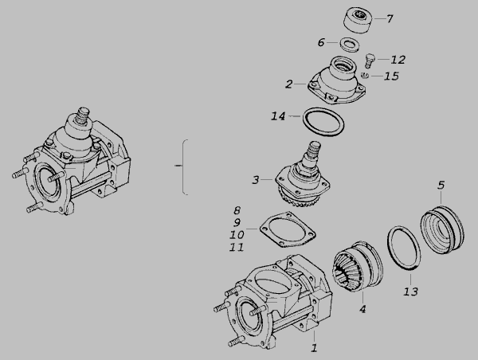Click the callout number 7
tap(390, 19)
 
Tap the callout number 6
tap(321, 42)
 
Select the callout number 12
tap(398, 60)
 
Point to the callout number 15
tap(391, 76)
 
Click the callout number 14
tap(278, 116)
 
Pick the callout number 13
tap(410, 292)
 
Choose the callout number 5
tap(441, 185)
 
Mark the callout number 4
tap(362, 309)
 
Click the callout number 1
tap(314, 348)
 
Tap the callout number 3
tap(256, 180)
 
